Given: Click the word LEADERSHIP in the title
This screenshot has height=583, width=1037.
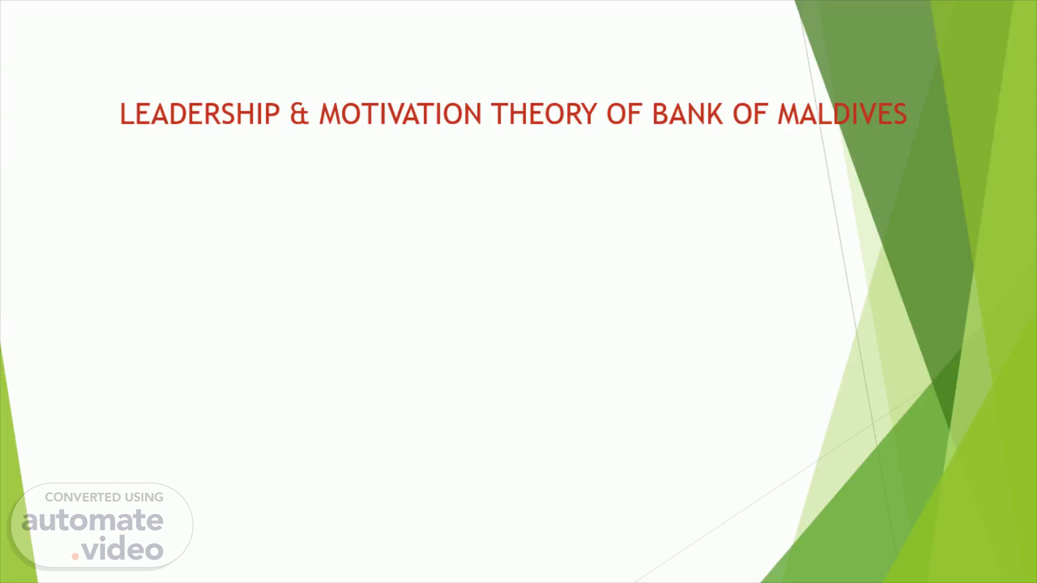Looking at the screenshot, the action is [x=200, y=114].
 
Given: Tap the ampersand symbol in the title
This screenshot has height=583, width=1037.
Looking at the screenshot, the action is [x=299, y=114].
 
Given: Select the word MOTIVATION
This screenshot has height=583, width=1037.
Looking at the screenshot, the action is [x=400, y=114].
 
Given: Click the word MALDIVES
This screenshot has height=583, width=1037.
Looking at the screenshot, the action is [x=842, y=114].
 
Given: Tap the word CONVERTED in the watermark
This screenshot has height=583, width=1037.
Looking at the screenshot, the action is [x=83, y=497].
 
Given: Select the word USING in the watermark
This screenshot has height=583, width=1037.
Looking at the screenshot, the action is [x=144, y=497].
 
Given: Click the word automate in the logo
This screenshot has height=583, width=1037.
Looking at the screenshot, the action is [x=92, y=520].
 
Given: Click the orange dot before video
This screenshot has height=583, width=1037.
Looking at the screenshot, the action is [x=75, y=555].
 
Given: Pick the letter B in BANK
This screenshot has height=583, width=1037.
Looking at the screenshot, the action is [x=660, y=114].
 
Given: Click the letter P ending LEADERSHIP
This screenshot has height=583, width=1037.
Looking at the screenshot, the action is [x=273, y=114].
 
